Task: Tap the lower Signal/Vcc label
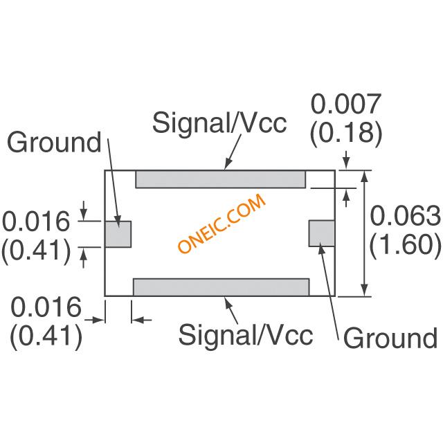[246, 335]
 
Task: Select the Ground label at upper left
[54, 143]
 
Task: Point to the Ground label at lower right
[390, 338]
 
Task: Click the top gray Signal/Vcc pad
[220, 179]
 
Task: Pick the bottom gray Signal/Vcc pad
[221, 287]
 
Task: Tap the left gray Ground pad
[118, 234]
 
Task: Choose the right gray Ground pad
[321, 232]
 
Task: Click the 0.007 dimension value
[345, 105]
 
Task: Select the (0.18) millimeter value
[345, 132]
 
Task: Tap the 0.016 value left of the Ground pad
[36, 222]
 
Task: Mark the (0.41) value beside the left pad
[36, 250]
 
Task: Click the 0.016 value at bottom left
[46, 308]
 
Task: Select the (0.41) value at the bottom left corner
[46, 336]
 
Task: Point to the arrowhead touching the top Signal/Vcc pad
[227, 166]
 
